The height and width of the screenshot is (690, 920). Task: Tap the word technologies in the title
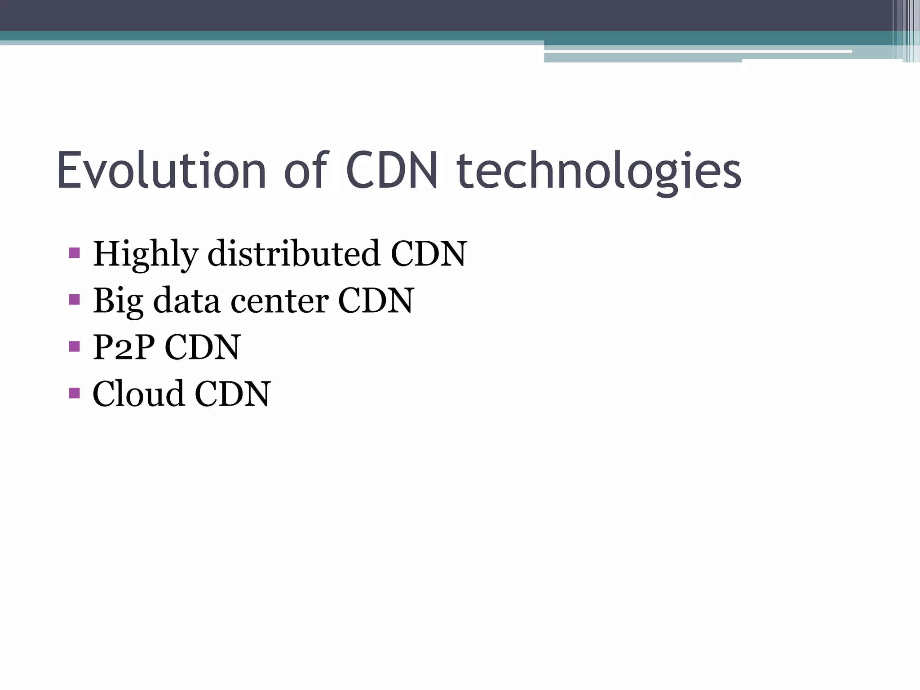pyautogui.click(x=599, y=172)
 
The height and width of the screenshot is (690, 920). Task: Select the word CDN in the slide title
pyautogui.click(x=391, y=171)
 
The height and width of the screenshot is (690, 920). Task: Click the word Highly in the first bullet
pyautogui.click(x=145, y=255)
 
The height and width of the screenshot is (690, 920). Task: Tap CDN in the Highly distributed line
pyautogui.click(x=429, y=254)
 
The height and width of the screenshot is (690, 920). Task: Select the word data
pyautogui.click(x=186, y=301)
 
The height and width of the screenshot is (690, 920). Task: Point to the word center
pyautogui.click(x=279, y=301)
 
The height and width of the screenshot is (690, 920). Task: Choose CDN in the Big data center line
pyautogui.click(x=376, y=301)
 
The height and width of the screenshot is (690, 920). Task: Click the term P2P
pyautogui.click(x=124, y=347)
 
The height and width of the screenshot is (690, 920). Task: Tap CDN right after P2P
pyautogui.click(x=203, y=347)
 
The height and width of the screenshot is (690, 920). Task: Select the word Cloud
pyautogui.click(x=138, y=394)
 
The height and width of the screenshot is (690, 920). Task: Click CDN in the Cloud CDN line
pyautogui.click(x=233, y=394)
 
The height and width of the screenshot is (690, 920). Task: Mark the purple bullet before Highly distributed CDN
pyautogui.click(x=75, y=252)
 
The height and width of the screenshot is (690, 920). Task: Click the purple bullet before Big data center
pyautogui.click(x=75, y=299)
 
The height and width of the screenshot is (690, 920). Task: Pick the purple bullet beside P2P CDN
pyautogui.click(x=75, y=346)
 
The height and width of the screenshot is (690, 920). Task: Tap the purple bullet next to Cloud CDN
pyautogui.click(x=75, y=393)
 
